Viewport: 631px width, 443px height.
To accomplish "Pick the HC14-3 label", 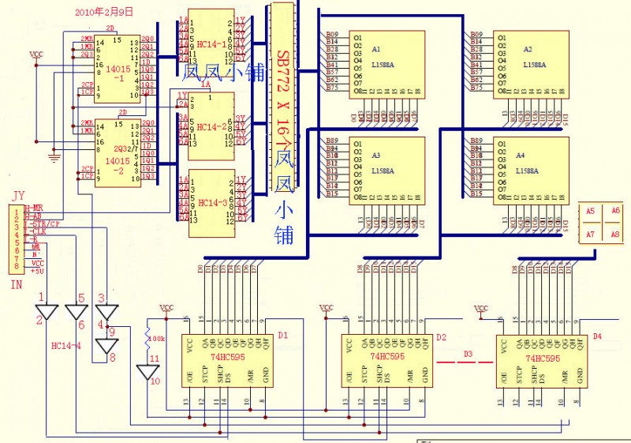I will pos(211,203).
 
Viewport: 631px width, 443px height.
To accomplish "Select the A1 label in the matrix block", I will pos(376,49).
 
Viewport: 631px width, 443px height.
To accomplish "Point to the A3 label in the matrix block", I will pos(376,156).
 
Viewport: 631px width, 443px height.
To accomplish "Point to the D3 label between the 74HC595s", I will pos(469,353).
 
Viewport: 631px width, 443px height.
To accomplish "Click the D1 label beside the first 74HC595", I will pos(283,335).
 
